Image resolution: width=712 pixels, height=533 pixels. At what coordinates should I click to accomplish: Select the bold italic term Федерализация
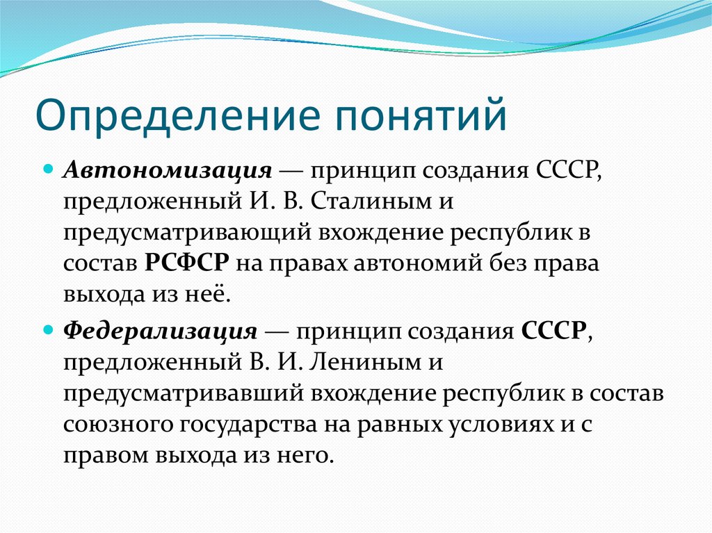coord(161,331)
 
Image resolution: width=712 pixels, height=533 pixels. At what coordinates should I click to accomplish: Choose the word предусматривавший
coord(184,393)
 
